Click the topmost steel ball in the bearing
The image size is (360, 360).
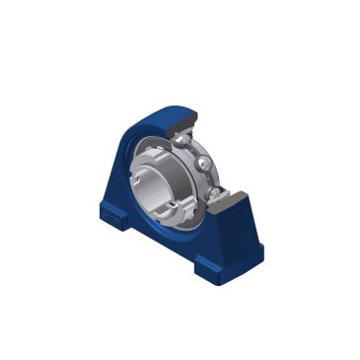point(180,141)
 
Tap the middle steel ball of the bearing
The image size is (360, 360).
point(202,164)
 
